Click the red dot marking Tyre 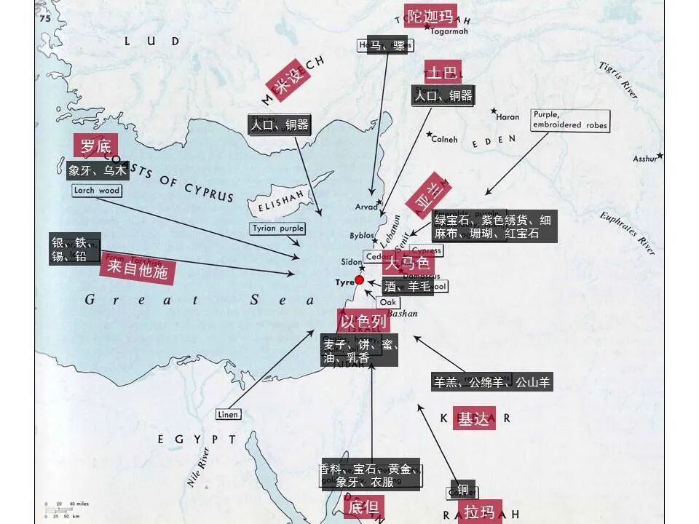click(359, 280)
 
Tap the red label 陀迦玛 click(430, 16)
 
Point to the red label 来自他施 click(138, 271)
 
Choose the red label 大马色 click(407, 264)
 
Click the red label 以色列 click(363, 321)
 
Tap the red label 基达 click(473, 418)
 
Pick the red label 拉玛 click(478, 512)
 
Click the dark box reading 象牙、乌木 click(98, 171)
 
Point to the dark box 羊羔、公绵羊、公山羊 click(492, 381)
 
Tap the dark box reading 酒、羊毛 click(408, 287)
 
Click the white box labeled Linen click(227, 414)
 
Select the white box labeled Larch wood click(97, 191)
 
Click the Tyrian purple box click(277, 229)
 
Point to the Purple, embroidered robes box click(569, 120)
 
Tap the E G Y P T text click(197, 439)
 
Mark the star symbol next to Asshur click(660, 155)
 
